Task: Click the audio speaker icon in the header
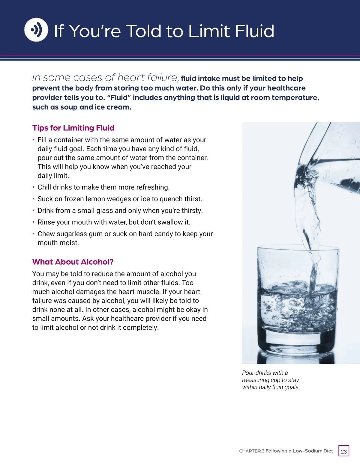pos(36,30)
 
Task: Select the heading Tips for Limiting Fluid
pos(73,128)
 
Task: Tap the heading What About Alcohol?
pos(73,262)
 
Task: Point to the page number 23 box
pos(344,451)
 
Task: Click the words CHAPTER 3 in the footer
pos(251,451)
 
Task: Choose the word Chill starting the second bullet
pos(44,187)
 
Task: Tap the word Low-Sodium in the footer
pos(306,451)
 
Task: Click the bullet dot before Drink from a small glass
pos(34,210)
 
